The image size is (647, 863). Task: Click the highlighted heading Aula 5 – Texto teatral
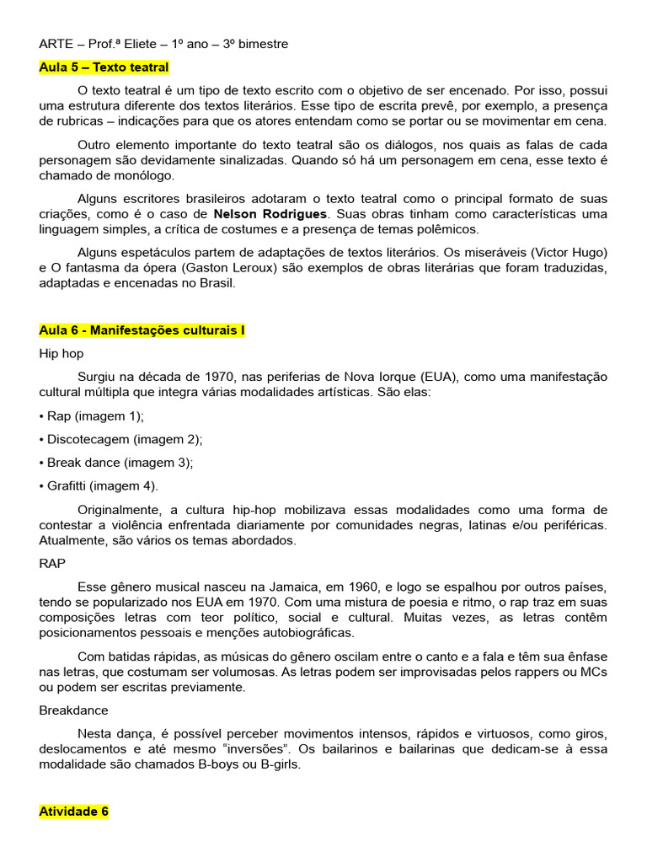click(104, 67)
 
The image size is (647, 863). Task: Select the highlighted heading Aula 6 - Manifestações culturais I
click(142, 330)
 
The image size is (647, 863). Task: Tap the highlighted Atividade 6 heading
click(74, 812)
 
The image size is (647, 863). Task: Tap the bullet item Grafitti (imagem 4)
click(101, 485)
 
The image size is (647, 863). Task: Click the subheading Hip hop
click(61, 354)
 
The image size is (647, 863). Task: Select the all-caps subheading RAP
click(53, 563)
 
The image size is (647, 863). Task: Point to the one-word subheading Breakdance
click(74, 710)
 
